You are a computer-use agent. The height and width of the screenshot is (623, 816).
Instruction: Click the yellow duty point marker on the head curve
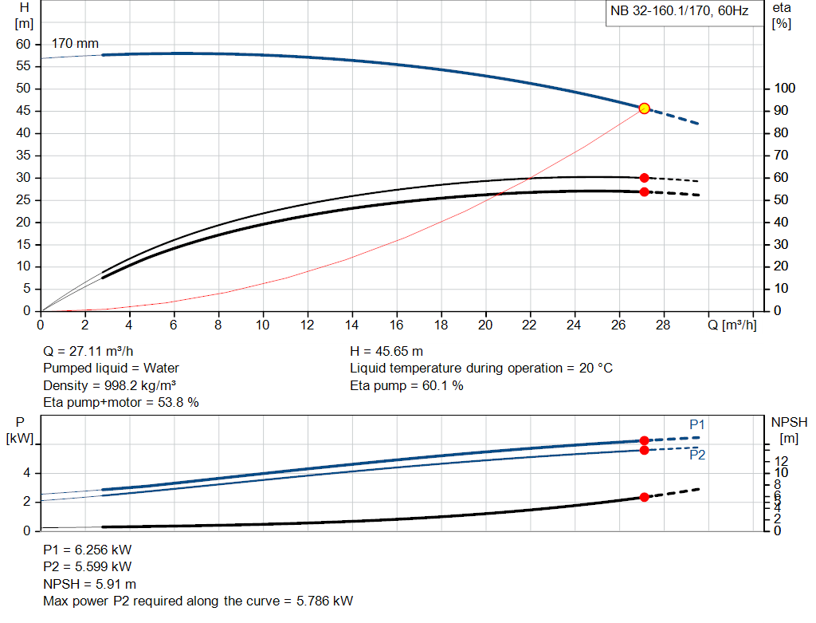tap(644, 108)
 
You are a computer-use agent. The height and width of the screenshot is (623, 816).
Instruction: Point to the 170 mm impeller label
tap(75, 43)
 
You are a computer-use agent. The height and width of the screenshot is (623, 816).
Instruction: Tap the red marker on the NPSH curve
tap(644, 497)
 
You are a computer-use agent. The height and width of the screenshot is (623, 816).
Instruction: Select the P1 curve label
tap(697, 424)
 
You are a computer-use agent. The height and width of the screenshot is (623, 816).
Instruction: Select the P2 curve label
tap(697, 455)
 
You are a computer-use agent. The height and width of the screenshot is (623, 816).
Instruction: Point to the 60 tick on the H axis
tap(23, 44)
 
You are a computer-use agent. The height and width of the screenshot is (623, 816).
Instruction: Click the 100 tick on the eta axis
tap(784, 89)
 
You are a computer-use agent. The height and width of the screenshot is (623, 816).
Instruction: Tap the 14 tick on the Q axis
tap(351, 325)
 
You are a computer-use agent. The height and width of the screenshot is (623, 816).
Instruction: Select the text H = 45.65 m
tap(386, 351)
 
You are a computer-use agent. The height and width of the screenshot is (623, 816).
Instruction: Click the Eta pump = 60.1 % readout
tap(406, 385)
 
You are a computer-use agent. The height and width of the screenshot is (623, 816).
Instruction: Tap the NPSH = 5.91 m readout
tap(89, 584)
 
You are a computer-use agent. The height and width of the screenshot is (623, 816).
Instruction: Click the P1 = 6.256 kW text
tap(88, 550)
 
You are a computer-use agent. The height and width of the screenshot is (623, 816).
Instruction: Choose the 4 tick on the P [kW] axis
tap(26, 473)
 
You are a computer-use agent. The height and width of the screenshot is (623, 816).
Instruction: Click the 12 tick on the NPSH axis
tap(781, 461)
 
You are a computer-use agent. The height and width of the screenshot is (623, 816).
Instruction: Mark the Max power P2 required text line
tap(198, 601)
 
